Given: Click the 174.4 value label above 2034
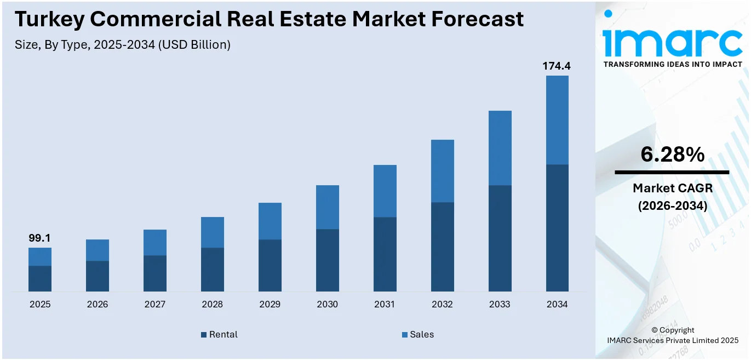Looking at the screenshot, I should pyautogui.click(x=557, y=66).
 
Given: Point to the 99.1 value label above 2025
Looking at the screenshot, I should pyautogui.click(x=39, y=238).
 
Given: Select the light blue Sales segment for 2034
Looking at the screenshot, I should pyautogui.click(x=557, y=120).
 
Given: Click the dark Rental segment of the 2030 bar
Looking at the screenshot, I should pyautogui.click(x=328, y=260).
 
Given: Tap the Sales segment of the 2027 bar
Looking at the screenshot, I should pyautogui.click(x=155, y=242).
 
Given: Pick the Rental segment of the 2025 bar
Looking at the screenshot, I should pyautogui.click(x=40, y=278).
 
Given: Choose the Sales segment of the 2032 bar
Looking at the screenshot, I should pyautogui.click(x=442, y=171).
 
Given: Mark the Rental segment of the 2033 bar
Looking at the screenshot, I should pyautogui.click(x=500, y=238).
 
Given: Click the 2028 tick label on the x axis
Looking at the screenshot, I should pyautogui.click(x=213, y=305).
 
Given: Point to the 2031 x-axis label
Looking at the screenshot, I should pyautogui.click(x=385, y=305).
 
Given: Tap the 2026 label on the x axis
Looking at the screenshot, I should pyautogui.click(x=98, y=305).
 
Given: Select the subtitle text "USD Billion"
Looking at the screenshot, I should pyautogui.click(x=194, y=45).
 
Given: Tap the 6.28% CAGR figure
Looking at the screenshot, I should pyautogui.click(x=672, y=155).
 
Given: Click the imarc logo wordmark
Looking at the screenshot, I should pyautogui.click(x=672, y=40).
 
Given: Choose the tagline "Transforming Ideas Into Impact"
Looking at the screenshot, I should pyautogui.click(x=672, y=64).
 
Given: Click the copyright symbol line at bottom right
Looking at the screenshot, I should pyautogui.click(x=672, y=330).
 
